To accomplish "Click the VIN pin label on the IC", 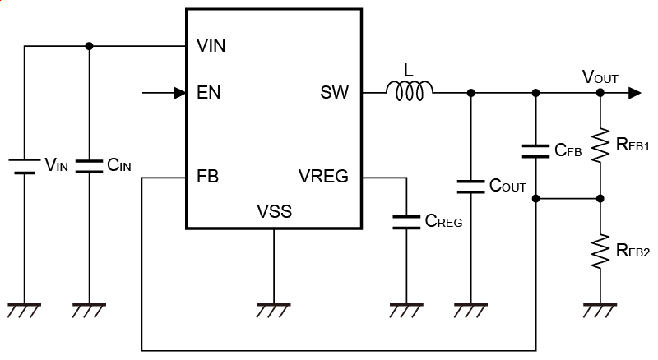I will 211,46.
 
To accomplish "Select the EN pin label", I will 209,93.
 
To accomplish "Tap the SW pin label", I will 334,93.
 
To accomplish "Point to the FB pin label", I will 208,176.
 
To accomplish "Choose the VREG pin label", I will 323,176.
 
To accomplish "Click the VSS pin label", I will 274,212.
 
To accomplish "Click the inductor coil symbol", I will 410,93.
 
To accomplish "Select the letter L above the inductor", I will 409,70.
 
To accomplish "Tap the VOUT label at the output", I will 600,77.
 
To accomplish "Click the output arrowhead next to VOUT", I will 633,93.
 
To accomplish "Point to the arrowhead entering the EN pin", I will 180,93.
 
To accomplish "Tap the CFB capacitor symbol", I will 535,150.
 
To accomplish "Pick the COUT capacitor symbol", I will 470,186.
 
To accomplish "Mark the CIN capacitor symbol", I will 89,165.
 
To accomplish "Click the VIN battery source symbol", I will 24,165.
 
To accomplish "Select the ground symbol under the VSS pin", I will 273,310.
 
